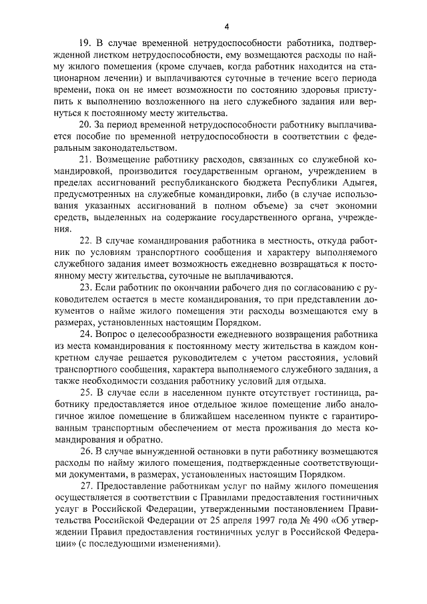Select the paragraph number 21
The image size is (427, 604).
point(85,161)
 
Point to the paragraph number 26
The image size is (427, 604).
point(85,451)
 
